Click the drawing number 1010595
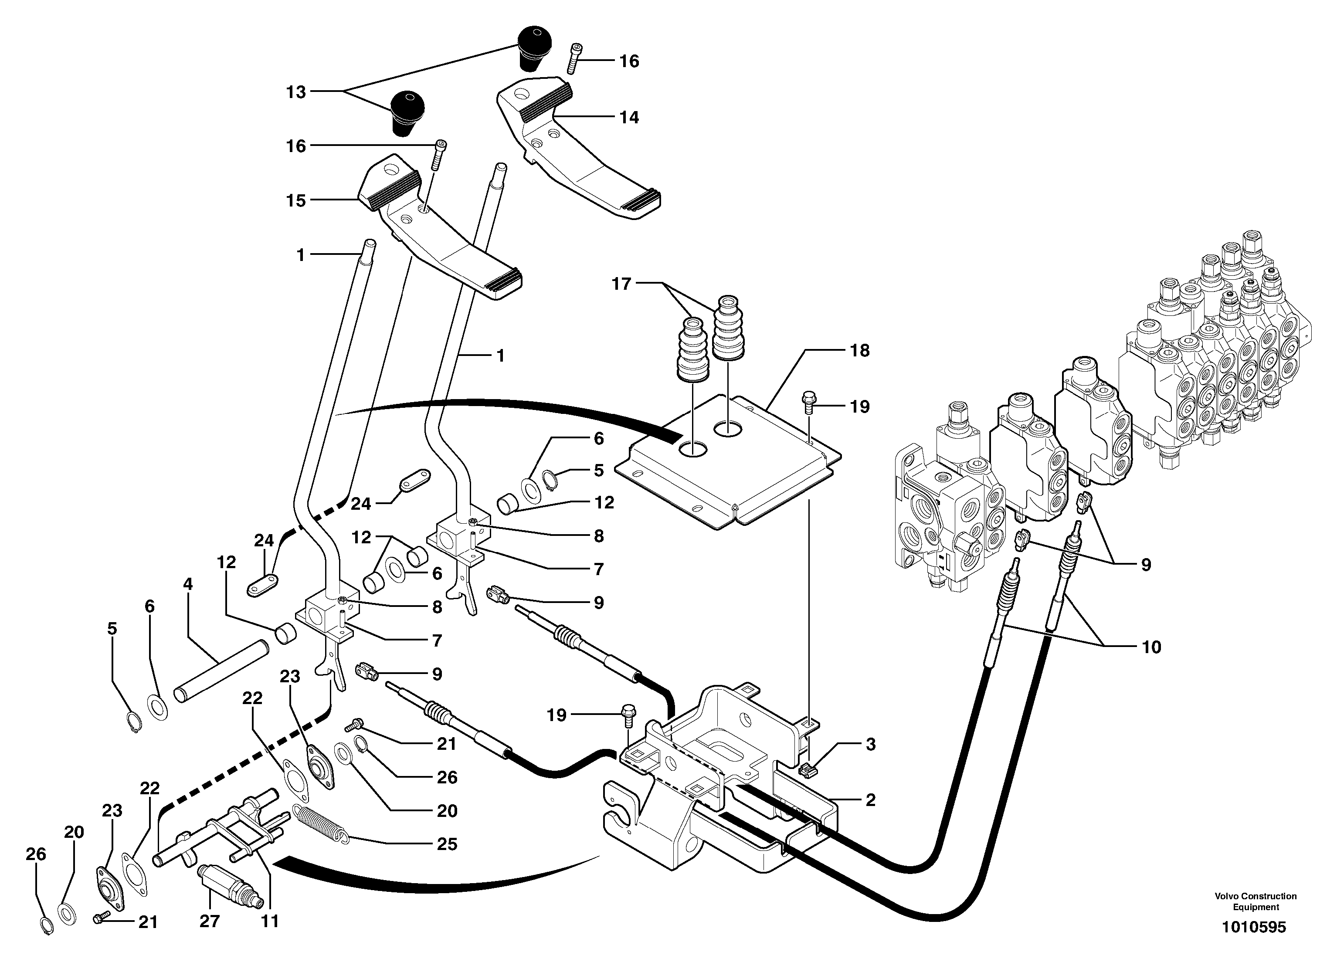pyautogui.click(x=1253, y=927)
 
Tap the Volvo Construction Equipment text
pyautogui.click(x=1255, y=901)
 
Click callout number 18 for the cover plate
pyautogui.click(x=859, y=350)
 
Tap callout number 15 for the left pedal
pyautogui.click(x=296, y=200)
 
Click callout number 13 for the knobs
pyautogui.click(x=296, y=92)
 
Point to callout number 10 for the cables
pyautogui.click(x=1151, y=647)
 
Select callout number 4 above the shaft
pyautogui.click(x=187, y=584)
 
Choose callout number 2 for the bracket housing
pyautogui.click(x=870, y=800)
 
